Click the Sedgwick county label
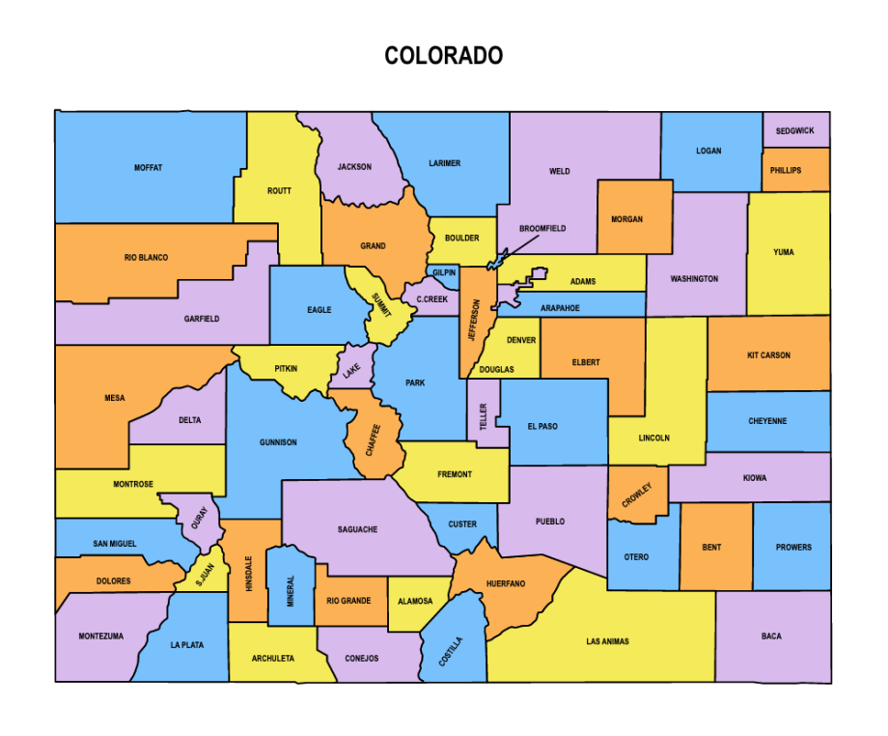click(794, 130)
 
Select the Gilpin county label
click(444, 273)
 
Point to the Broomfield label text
click(541, 229)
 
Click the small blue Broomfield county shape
click(495, 262)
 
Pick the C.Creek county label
click(431, 299)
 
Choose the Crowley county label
click(636, 495)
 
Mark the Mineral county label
click(290, 591)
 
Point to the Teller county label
click(484, 416)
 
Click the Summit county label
click(382, 305)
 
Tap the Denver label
click(521, 340)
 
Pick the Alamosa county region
click(416, 601)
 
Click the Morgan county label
click(626, 219)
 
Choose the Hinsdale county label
click(248, 574)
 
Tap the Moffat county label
click(148, 168)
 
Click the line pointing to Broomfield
click(518, 246)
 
